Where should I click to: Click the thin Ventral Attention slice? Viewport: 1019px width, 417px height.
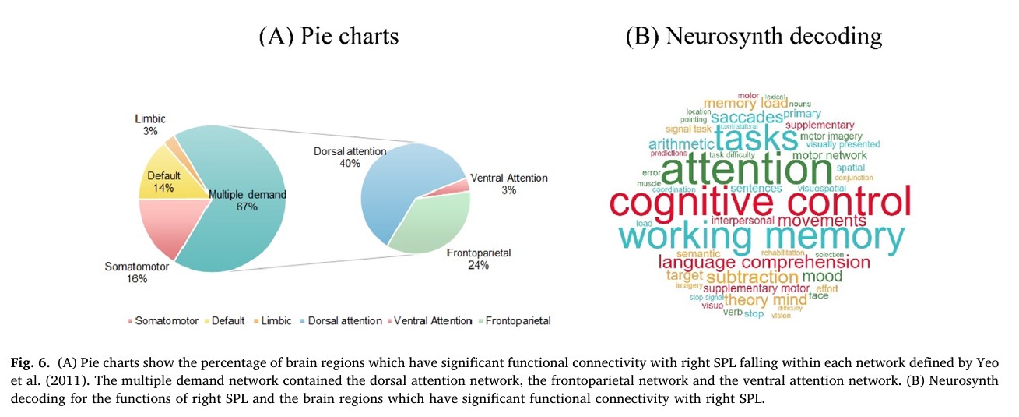pyautogui.click(x=464, y=185)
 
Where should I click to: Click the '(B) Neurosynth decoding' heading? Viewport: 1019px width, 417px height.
pyautogui.click(x=754, y=37)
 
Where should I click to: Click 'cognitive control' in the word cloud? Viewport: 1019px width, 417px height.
pyautogui.click(x=760, y=203)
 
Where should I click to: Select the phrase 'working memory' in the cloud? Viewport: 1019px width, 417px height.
pyautogui.click(x=762, y=237)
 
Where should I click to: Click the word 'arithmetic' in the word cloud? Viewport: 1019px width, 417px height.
pyautogui.click(x=681, y=144)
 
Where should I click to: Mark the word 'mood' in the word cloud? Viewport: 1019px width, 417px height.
pyautogui.click(x=822, y=276)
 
